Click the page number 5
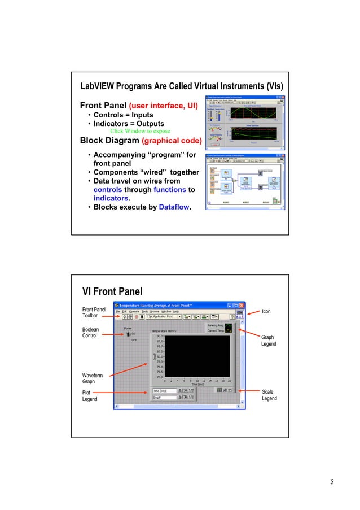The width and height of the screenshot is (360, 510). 332,482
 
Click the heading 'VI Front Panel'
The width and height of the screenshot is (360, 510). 112,291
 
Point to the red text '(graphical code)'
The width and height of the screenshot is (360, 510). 171,140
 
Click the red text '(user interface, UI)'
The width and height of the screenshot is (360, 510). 163,106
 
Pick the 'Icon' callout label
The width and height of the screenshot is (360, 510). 266,311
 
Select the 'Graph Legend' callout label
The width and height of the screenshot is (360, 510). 268,341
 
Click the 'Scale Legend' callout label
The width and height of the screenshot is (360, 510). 269,395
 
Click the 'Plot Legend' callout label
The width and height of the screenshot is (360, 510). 89,395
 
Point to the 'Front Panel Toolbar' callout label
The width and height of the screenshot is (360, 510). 94,313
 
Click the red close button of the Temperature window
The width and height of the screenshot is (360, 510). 243,303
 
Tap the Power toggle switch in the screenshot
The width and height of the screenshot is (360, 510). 128,333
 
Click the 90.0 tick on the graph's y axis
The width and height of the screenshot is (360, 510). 160,335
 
